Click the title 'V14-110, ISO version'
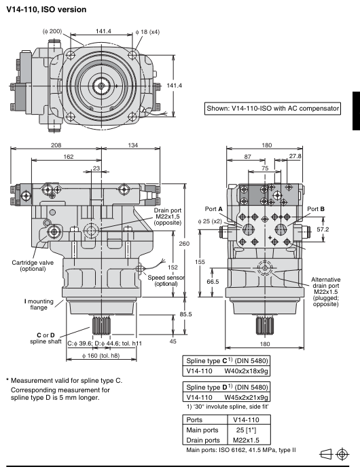coord(46,10)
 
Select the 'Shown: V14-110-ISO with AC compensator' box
coord(272,109)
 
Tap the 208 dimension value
coord(56,145)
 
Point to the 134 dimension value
coord(133,145)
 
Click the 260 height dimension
coord(184,244)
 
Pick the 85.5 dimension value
coord(185,314)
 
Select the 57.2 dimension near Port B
coord(323,229)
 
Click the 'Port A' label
coord(214,209)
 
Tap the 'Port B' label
coord(316,209)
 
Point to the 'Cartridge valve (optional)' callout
coord(33,265)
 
